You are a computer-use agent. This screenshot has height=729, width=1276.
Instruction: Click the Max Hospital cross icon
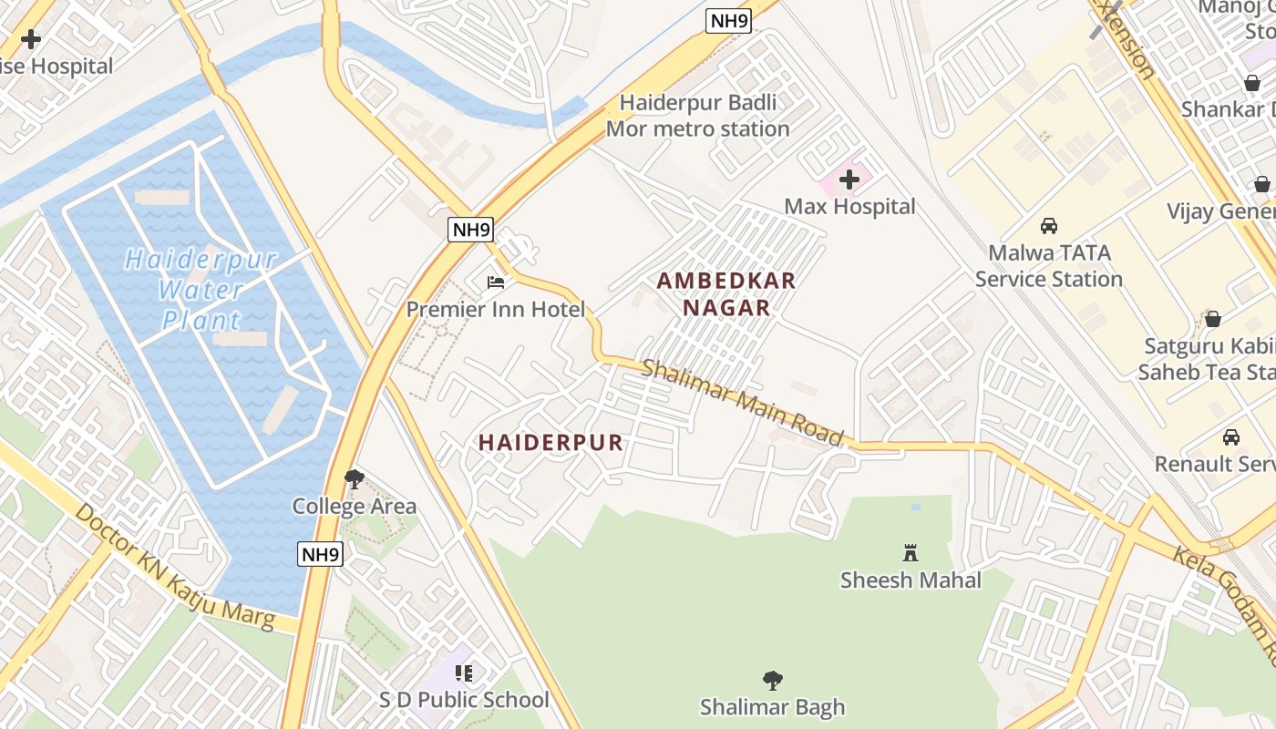coord(849,180)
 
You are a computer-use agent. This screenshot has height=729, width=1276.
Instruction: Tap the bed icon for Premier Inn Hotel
coord(496,282)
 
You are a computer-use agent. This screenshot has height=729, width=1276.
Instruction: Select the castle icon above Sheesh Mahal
coord(910,552)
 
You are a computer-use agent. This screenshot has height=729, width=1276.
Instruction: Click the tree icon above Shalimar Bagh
coord(772,680)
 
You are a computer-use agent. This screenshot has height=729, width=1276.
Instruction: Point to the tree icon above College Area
coord(355,478)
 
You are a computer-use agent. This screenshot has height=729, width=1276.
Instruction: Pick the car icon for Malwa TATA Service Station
coord(1049,226)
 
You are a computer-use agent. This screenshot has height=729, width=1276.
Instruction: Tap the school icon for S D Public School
coord(464,673)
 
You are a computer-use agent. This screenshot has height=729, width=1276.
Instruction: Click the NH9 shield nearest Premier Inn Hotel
coord(471,229)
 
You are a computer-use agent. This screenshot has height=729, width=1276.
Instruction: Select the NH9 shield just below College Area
coord(321,553)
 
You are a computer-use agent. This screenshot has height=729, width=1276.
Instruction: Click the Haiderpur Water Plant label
coord(201,290)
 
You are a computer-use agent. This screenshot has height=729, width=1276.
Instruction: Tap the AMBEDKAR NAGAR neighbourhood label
coord(726,294)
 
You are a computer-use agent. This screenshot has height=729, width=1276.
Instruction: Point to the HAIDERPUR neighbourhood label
coord(551,443)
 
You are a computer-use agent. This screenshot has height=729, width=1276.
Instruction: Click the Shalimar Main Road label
coord(743,402)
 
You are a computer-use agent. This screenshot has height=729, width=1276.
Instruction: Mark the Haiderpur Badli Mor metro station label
coord(698,116)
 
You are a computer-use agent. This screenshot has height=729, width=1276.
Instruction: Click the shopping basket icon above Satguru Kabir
coord(1212,319)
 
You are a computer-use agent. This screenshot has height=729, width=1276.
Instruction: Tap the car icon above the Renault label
coord(1230,436)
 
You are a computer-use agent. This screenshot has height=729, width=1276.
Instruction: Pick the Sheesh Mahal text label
coord(911,580)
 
